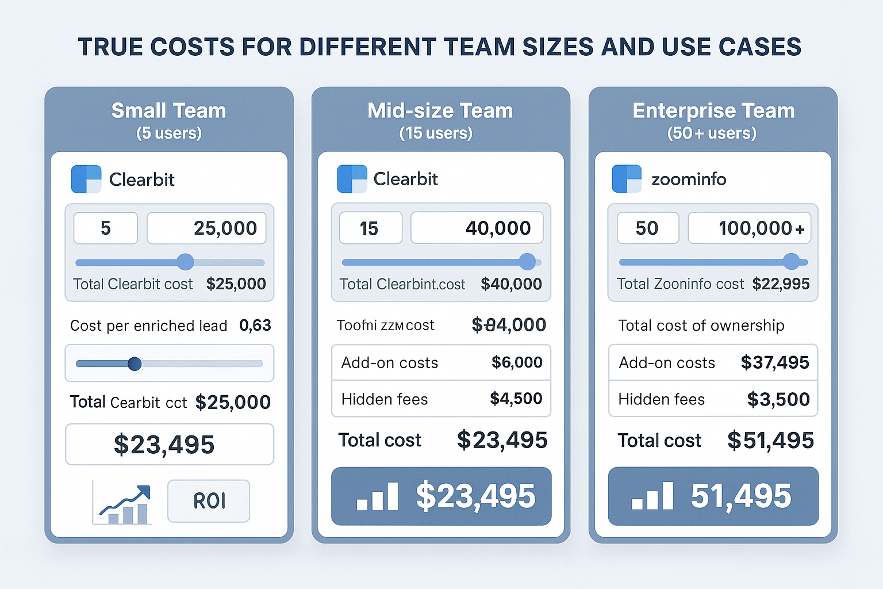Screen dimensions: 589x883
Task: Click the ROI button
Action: [x=209, y=501]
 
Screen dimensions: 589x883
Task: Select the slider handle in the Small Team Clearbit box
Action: [x=185, y=262]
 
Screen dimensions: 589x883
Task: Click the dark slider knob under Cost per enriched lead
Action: [x=135, y=364]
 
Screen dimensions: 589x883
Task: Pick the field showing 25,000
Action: [x=206, y=228]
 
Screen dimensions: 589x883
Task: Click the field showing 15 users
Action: [x=370, y=228]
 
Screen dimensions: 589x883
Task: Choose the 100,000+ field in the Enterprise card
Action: [x=749, y=228]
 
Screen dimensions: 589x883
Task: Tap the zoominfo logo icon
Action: [x=627, y=179]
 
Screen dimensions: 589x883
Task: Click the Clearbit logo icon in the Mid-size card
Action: [x=352, y=179]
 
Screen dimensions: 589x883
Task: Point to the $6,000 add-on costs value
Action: [x=517, y=362]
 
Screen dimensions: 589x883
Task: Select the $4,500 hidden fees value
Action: [x=516, y=399]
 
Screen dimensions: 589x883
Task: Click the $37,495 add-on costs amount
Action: [x=774, y=362]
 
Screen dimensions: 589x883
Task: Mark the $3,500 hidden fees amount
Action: [x=778, y=399]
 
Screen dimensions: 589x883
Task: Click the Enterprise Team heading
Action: [x=713, y=110]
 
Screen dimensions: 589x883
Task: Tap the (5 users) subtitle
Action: [x=169, y=133]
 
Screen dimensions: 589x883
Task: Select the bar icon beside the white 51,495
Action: [x=652, y=496]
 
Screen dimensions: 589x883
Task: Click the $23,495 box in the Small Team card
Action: [x=169, y=445]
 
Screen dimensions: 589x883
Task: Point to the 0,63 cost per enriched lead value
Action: [x=255, y=326]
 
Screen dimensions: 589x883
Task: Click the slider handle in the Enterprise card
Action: [x=791, y=262]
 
